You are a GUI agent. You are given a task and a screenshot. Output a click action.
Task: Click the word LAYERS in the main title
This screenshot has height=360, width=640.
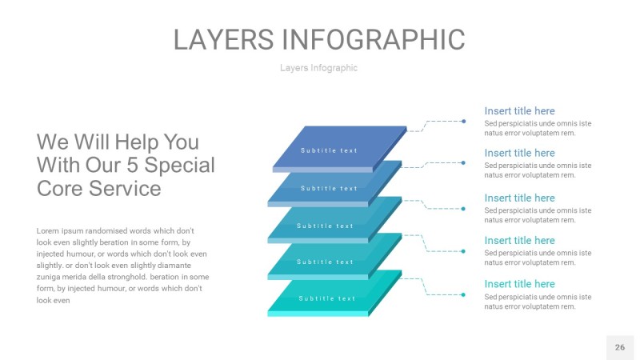[225, 39]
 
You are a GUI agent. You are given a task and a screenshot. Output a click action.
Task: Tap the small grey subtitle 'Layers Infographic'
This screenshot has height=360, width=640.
[318, 68]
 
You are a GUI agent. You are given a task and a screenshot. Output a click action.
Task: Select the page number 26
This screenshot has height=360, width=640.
[620, 347]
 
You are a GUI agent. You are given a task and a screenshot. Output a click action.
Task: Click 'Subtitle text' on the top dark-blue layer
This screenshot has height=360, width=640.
[329, 150]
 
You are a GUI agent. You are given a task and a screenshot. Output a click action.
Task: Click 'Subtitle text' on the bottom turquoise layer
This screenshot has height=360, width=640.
[327, 298]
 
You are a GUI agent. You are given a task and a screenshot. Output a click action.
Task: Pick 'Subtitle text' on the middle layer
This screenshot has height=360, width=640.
[325, 226]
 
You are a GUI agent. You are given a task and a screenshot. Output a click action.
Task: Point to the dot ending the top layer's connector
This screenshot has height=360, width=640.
[464, 122]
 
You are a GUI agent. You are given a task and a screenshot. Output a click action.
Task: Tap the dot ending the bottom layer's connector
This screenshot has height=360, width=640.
[464, 294]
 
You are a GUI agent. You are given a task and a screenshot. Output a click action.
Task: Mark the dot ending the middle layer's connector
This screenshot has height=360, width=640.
[464, 209]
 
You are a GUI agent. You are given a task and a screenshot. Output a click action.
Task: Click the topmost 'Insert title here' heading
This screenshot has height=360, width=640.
[519, 111]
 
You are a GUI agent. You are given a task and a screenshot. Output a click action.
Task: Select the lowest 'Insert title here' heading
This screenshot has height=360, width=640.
[519, 284]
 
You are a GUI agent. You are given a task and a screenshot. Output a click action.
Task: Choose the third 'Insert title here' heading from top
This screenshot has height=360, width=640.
[519, 198]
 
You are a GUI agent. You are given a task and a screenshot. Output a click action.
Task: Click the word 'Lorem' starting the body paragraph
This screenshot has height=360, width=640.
[49, 230]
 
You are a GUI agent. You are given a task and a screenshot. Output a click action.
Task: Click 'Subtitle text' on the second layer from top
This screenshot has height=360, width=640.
[329, 189]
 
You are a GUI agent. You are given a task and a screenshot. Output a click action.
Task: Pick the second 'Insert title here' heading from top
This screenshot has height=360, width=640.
[519, 153]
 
